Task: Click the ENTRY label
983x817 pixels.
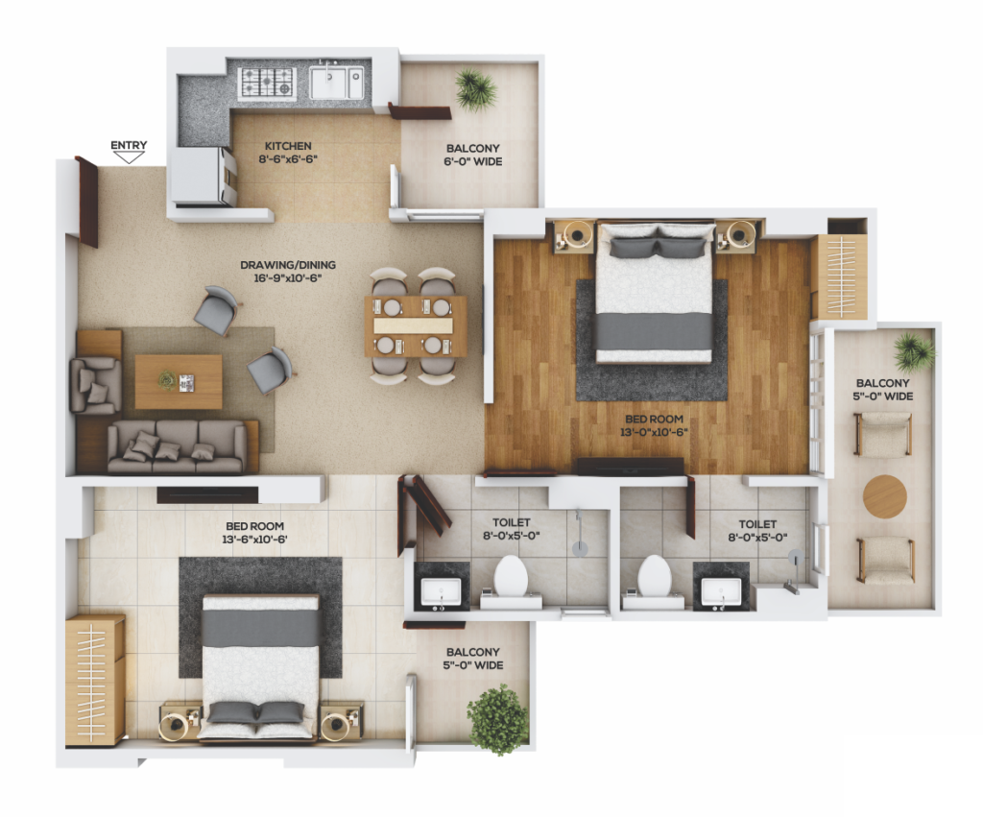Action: (x=129, y=145)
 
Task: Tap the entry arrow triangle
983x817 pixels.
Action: (x=129, y=157)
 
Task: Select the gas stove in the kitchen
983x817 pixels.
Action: (x=267, y=83)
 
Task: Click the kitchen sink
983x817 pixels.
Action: (x=337, y=83)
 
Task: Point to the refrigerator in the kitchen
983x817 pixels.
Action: (x=203, y=177)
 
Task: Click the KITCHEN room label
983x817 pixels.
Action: (x=288, y=146)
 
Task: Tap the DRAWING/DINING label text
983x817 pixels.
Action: (x=288, y=265)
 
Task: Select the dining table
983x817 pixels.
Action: (x=415, y=326)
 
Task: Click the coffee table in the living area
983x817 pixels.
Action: (x=179, y=381)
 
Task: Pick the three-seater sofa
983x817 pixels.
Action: (x=178, y=445)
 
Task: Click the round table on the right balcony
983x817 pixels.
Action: (x=884, y=496)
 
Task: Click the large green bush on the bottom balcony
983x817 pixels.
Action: (x=498, y=719)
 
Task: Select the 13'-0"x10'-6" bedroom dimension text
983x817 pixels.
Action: (x=654, y=432)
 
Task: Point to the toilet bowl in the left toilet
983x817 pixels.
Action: (x=511, y=576)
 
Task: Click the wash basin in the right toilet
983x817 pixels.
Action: (x=721, y=591)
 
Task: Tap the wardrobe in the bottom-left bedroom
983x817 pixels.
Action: (x=95, y=681)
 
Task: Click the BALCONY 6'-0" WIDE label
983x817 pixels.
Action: (x=473, y=155)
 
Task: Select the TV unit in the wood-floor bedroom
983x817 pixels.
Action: (x=630, y=466)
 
